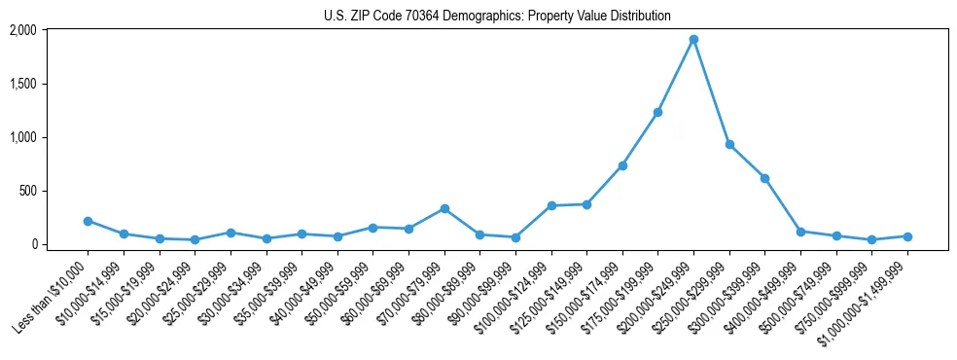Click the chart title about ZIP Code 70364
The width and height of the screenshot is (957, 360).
(497, 17)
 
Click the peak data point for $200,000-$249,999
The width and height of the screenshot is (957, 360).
(693, 40)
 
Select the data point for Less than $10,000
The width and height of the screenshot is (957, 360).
(88, 221)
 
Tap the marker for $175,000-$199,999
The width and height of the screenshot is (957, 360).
(657, 113)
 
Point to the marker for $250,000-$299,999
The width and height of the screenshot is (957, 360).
(729, 145)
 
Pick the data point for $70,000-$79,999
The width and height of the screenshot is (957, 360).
(444, 208)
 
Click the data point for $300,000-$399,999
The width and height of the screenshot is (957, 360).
(764, 178)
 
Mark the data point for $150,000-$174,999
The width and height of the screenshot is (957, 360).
(622, 165)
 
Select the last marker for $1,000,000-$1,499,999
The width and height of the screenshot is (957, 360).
(907, 236)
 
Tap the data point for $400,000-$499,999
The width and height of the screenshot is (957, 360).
(800, 232)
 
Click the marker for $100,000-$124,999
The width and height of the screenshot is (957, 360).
(551, 205)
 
